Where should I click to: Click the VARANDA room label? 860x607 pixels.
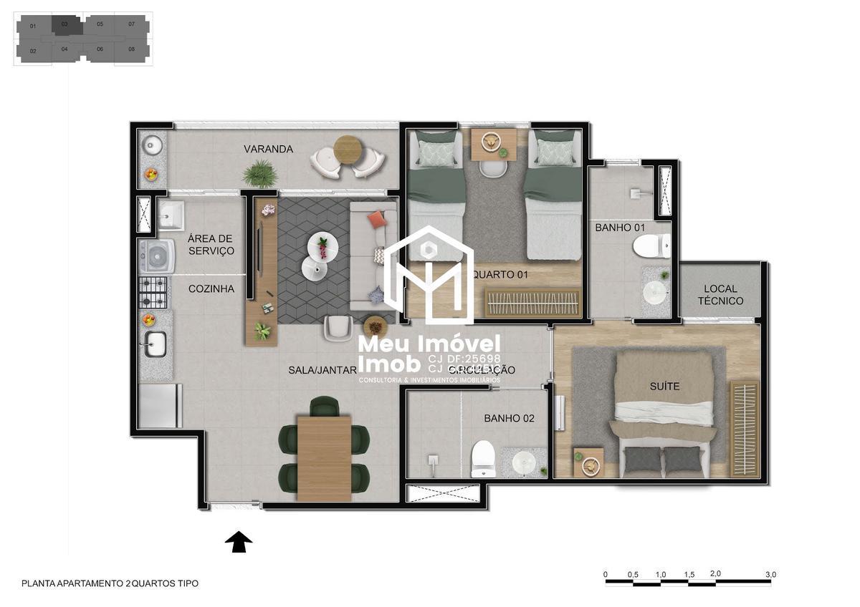pos(268,149)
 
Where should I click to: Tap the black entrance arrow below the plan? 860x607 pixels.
pos(239,542)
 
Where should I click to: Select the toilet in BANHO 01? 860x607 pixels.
pos(651,246)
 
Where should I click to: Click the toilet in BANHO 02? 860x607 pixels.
pos(483,458)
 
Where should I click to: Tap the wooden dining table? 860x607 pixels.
pos(324,457)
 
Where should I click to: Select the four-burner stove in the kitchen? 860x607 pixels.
pos(153,292)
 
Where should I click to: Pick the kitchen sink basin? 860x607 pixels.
pos(156,345)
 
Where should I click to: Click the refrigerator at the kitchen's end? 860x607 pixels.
pos(158,406)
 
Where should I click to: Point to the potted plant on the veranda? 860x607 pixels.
pos(259,173)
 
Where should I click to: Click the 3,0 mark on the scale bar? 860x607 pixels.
pos(770,574)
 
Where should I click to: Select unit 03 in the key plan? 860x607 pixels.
pos(64,24)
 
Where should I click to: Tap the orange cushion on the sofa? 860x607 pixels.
pos(376,218)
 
